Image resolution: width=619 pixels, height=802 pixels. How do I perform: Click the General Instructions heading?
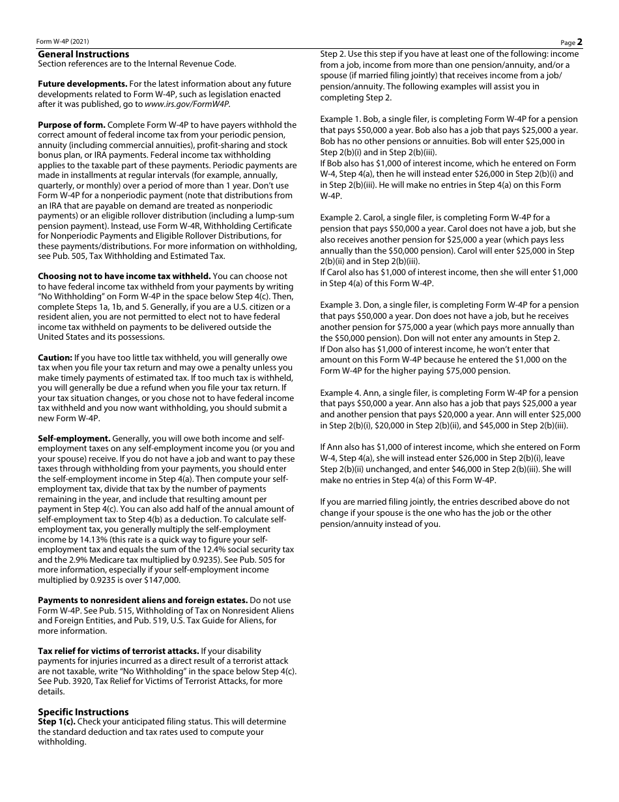tap(83, 54)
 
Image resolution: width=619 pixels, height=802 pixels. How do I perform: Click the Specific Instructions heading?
tap(83, 712)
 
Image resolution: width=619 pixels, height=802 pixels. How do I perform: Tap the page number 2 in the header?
tap(579, 42)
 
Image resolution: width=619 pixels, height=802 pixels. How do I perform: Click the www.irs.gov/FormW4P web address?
tap(186, 104)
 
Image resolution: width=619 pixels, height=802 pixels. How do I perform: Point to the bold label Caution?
tap(55, 358)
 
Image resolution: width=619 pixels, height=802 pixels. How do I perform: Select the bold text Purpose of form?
tap(71, 125)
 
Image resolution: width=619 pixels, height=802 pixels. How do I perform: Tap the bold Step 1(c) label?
tap(57, 722)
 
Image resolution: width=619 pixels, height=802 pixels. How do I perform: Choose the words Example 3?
tap(342, 305)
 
